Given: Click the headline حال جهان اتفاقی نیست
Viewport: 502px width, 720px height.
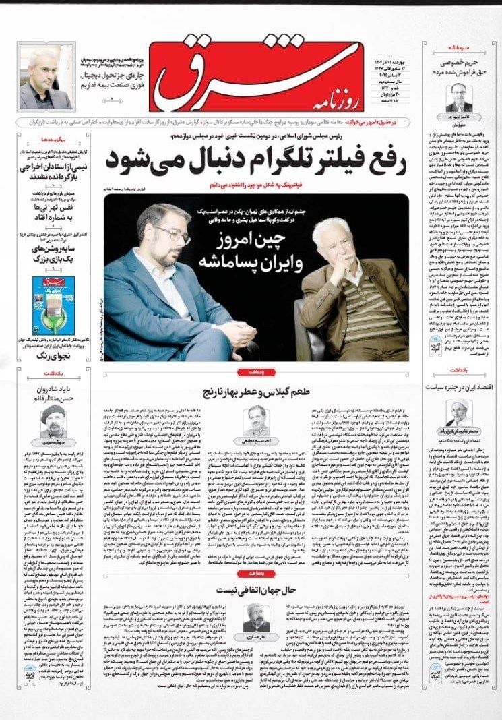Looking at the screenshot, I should tap(253, 590).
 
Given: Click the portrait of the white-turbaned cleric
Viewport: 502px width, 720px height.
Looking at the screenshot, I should tap(458, 412).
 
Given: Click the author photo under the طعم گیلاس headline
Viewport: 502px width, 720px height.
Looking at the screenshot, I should tap(257, 418).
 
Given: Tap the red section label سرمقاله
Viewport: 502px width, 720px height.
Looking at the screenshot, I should tap(459, 49).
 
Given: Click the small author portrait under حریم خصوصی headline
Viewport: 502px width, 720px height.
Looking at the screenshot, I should tap(459, 96).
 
